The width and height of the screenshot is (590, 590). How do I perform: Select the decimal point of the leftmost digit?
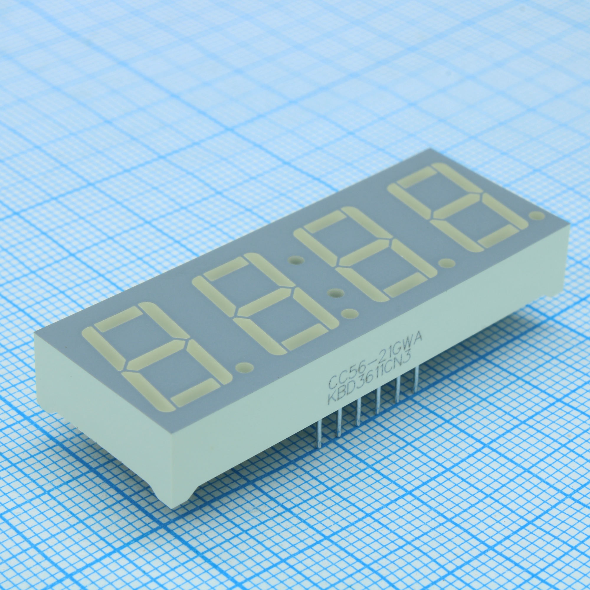click(x=244, y=367)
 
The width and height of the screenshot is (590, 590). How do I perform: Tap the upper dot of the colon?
click(x=296, y=261)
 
